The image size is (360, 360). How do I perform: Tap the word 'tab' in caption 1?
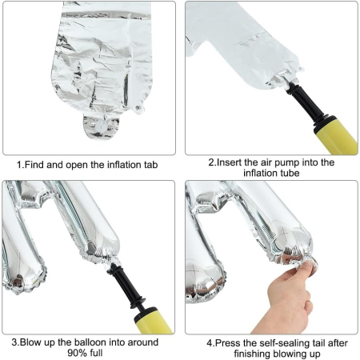153,166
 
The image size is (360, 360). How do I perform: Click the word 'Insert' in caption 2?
232,162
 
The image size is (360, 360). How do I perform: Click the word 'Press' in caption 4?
229,342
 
